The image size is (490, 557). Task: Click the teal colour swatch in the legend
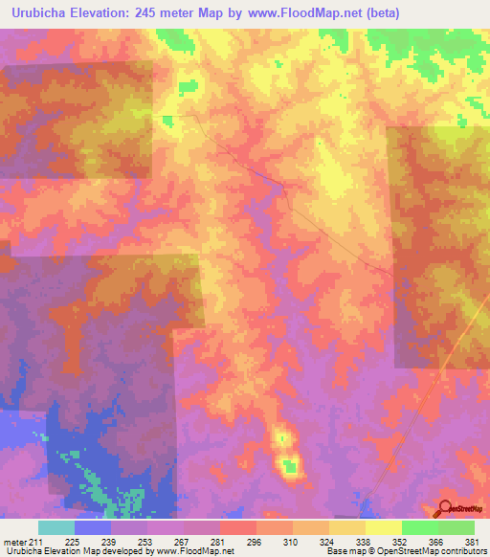click(56, 527)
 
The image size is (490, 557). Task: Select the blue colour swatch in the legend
click(93, 527)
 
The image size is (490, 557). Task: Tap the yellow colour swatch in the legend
click(383, 527)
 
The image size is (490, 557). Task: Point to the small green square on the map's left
click(167, 120)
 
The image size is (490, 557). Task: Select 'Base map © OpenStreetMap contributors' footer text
click(406, 551)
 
